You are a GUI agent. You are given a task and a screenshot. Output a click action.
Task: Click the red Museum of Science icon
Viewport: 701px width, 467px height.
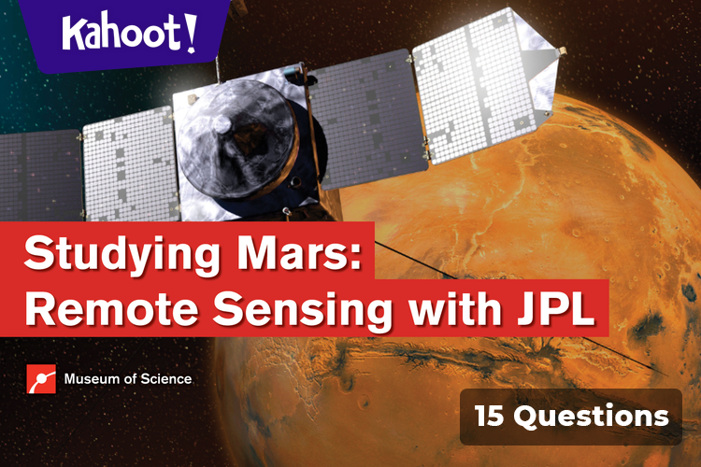(41, 379)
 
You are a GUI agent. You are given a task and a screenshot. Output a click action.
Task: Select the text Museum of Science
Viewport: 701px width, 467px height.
(128, 379)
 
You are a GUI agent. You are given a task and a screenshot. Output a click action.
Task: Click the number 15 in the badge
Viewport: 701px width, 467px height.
(492, 416)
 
